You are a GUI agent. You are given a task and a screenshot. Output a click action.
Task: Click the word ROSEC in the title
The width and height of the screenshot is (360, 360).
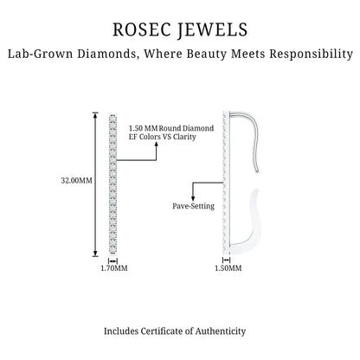[140, 29]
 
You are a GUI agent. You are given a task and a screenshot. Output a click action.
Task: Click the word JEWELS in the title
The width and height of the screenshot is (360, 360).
[212, 30]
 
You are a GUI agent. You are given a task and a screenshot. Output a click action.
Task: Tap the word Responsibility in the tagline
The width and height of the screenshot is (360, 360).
[312, 54]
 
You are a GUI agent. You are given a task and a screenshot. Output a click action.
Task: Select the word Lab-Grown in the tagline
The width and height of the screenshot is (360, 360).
[40, 54]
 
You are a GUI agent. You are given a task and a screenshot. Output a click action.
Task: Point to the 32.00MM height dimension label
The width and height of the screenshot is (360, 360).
[76, 181]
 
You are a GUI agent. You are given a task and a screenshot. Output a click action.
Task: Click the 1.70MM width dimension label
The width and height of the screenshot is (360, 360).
[114, 268]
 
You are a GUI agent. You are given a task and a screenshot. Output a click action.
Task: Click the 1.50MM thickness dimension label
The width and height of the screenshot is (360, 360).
[228, 268]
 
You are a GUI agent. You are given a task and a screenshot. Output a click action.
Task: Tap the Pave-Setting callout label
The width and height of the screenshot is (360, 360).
[194, 206]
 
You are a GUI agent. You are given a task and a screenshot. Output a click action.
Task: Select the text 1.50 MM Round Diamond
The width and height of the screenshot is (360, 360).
[171, 128]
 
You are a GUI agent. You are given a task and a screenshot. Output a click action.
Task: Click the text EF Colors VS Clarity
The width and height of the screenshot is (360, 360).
[163, 137]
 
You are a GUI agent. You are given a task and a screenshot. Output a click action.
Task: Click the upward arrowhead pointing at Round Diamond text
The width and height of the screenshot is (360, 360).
[157, 145]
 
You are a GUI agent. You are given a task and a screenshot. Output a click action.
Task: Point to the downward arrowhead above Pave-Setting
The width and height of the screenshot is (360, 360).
[193, 198]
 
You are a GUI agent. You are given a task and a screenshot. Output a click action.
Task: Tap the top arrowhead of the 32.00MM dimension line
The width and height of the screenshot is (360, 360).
[95, 115]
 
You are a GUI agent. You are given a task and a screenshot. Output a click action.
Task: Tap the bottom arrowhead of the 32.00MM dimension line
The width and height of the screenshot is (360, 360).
[95, 254]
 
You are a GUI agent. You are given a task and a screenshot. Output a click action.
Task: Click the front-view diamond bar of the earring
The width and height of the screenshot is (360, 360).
[112, 184]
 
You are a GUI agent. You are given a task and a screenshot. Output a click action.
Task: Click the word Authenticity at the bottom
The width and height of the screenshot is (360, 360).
[221, 331]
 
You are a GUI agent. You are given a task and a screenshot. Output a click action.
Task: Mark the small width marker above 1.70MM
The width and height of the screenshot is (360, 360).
[112, 260]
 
